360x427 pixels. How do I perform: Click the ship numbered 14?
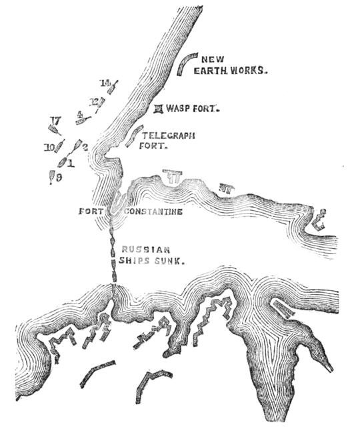(113, 87)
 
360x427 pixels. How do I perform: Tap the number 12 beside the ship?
(94, 101)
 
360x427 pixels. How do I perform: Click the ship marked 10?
(58, 148)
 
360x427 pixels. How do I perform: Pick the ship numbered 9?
(51, 177)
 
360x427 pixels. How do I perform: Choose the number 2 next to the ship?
(85, 147)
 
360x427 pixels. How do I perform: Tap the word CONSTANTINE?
(153, 211)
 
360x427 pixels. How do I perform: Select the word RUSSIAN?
(141, 251)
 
